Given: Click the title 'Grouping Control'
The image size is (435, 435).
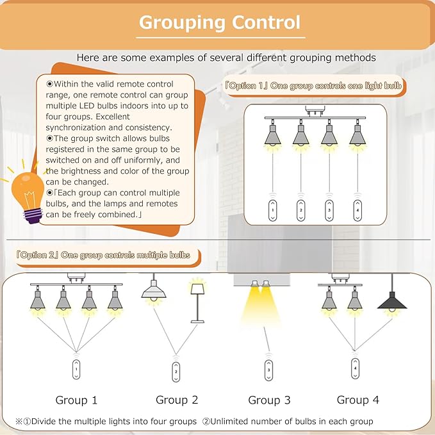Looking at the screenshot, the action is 220,23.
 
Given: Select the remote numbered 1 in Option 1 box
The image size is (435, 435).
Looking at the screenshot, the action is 273,210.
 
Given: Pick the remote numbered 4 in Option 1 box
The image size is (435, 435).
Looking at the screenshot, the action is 357,210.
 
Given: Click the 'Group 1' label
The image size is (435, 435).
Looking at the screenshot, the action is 76,400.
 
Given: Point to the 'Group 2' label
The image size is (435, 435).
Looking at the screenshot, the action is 177,400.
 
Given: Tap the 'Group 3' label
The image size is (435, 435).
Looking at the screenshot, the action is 269,400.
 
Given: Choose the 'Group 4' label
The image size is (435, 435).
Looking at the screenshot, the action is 358,400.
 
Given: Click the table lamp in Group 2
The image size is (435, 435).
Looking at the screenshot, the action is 197,303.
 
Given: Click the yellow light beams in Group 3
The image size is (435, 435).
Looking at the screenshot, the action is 261,305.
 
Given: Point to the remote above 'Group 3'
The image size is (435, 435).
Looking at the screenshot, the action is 268,370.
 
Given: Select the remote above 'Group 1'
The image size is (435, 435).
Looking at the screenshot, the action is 76,369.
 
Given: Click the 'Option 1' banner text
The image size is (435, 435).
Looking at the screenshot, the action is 313,86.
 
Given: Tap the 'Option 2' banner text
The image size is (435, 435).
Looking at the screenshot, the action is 103,255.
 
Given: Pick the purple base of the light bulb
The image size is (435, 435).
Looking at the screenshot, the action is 33,217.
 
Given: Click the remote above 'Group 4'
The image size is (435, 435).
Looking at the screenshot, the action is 356,368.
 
